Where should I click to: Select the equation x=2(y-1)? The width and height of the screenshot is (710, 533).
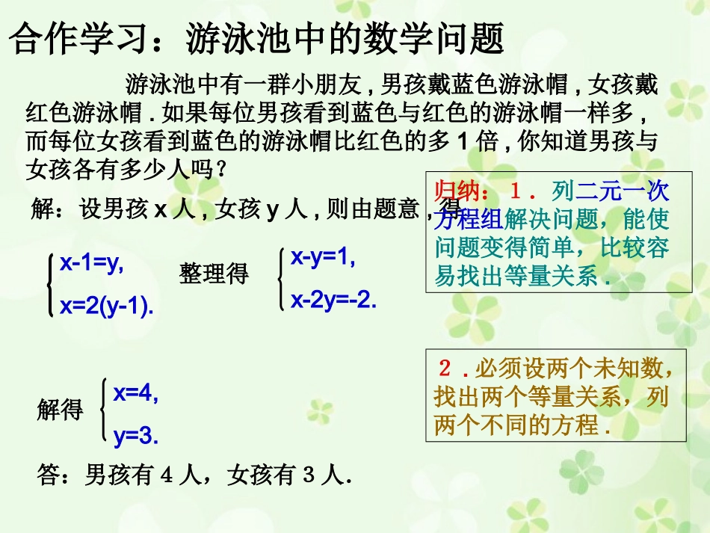(107, 305)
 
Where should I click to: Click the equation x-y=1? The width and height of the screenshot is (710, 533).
(323, 258)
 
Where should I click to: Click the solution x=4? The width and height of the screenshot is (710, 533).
(136, 393)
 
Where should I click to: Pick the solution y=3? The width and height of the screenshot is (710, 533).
(136, 436)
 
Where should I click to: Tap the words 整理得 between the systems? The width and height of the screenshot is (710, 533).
(214, 274)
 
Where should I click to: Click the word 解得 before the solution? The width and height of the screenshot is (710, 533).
(60, 410)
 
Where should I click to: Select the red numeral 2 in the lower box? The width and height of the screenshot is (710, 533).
(446, 369)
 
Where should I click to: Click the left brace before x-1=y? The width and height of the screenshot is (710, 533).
(50, 283)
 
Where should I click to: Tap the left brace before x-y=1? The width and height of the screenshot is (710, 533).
(281, 279)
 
